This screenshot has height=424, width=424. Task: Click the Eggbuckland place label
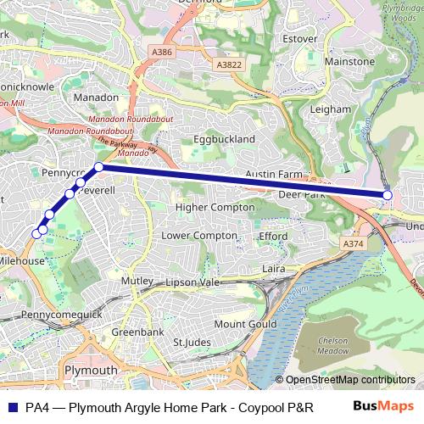point(224,138)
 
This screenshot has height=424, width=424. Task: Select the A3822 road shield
point(227,64)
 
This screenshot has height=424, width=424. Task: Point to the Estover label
point(298,38)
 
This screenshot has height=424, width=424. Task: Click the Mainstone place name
point(349,62)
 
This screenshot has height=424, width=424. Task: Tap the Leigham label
point(332,109)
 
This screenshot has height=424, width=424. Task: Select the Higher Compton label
point(215,207)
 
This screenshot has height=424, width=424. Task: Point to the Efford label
point(273,236)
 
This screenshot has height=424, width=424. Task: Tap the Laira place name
point(274,268)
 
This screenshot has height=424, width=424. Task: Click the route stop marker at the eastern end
point(388,195)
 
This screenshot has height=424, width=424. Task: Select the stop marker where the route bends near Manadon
point(99,167)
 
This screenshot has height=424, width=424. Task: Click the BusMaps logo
point(382,406)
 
